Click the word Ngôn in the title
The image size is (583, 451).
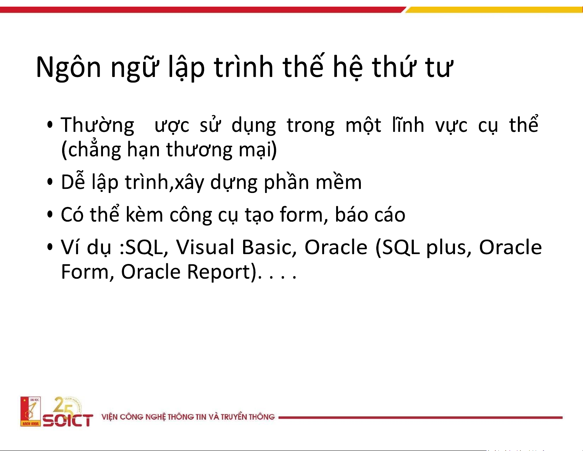point(68,67)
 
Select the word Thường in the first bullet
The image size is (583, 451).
point(97,125)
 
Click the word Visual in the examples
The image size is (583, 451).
point(205,247)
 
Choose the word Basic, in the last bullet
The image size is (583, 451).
point(269,247)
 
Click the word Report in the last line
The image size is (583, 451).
point(218,272)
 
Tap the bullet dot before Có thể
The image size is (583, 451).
point(50,215)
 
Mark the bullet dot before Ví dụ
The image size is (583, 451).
point(50,247)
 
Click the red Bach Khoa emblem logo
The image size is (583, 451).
point(31,411)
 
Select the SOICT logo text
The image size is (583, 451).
point(68,420)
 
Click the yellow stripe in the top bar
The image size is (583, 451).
point(494,10)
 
